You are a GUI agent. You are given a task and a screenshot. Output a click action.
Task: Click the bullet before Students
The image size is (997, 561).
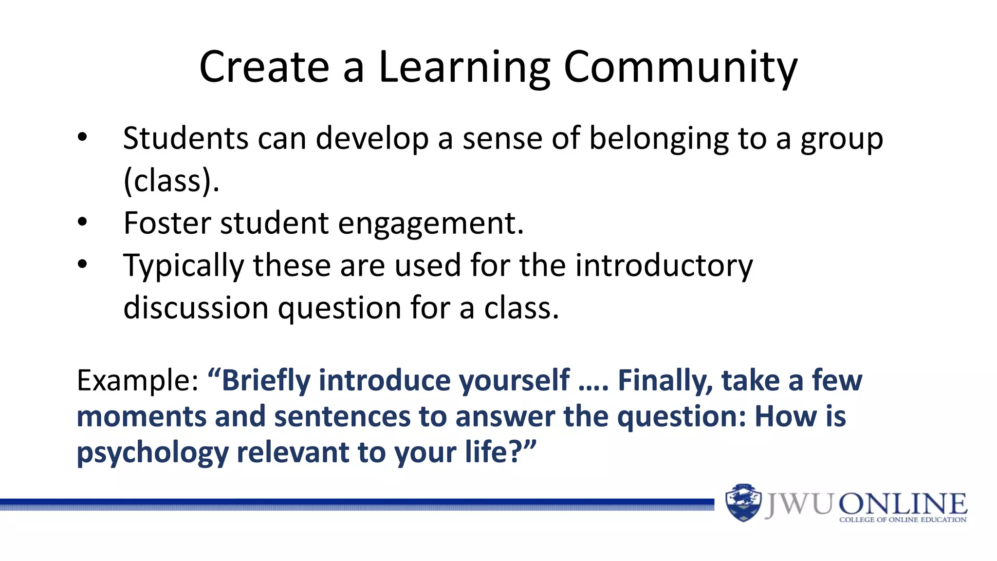(82, 138)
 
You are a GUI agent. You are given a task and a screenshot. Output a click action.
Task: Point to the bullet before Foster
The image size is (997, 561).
(82, 222)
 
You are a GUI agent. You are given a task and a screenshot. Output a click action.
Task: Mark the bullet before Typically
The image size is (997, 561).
(82, 264)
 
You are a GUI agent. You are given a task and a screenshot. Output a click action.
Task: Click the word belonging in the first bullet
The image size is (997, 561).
(659, 139)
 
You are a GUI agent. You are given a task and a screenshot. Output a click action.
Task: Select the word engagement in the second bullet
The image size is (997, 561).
(430, 224)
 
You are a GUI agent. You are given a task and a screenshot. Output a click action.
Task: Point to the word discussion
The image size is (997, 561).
(196, 308)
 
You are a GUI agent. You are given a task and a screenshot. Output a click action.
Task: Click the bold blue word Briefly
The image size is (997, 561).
(266, 380)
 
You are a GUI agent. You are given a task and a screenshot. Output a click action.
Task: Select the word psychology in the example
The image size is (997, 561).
(152, 452)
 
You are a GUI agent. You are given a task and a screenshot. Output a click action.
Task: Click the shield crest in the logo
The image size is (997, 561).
(743, 503)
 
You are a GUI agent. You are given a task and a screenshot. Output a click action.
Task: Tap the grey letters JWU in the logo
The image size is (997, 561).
(798, 504)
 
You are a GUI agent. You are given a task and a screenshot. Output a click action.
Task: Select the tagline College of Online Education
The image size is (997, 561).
(903, 520)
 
